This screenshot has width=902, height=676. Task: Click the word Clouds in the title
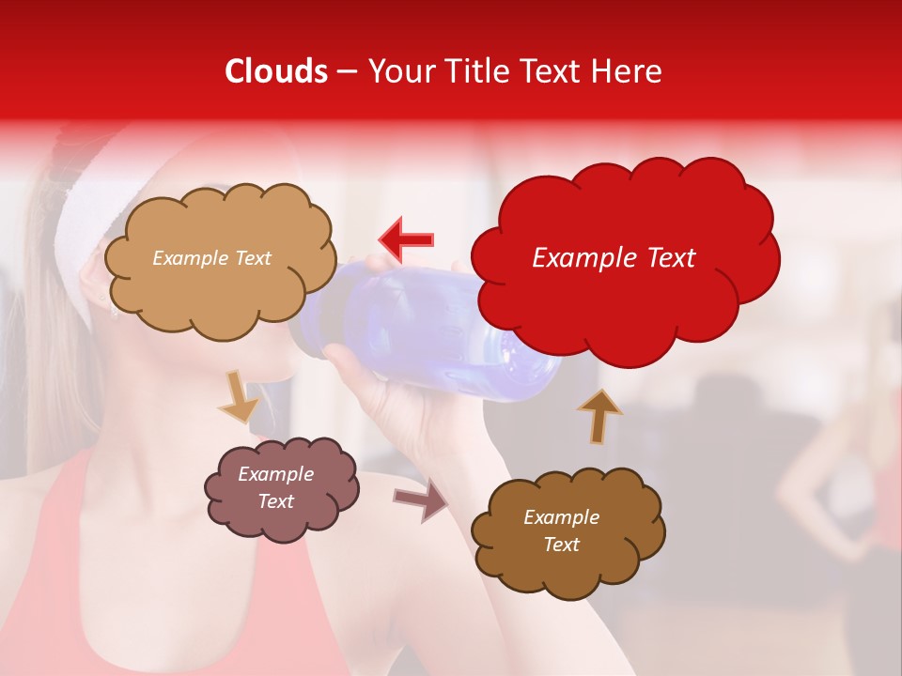pyautogui.click(x=276, y=71)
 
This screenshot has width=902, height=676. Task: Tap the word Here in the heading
pyautogui.click(x=629, y=71)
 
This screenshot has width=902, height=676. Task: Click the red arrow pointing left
pyautogui.click(x=406, y=238)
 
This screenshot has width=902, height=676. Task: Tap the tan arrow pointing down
pyautogui.click(x=239, y=398)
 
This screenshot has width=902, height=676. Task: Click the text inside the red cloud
pyautogui.click(x=614, y=258)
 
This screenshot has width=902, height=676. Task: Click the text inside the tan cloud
pyautogui.click(x=211, y=258)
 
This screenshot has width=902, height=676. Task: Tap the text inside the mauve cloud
pyautogui.click(x=276, y=487)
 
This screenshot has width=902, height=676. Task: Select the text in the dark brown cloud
pyautogui.click(x=561, y=530)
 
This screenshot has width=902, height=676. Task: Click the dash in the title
pyautogui.click(x=347, y=72)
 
